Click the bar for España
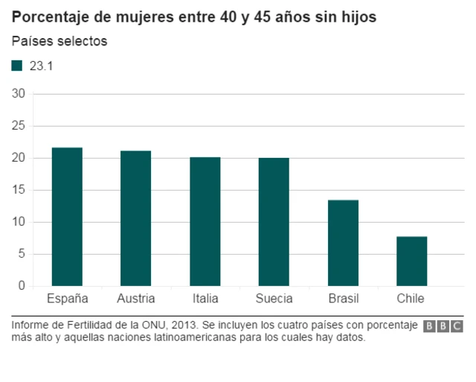[67, 217]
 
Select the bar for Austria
[136, 218]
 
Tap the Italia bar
[205, 221]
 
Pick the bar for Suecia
[274, 222]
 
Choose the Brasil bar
[343, 243]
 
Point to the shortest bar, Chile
[411, 261]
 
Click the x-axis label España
[68, 299]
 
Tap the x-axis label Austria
[136, 299]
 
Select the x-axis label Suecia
[274, 299]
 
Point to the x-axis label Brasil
[343, 299]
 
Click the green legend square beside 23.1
[17, 66]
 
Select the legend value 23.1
[41, 66]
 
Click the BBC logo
[443, 326]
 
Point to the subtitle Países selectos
[59, 41]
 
